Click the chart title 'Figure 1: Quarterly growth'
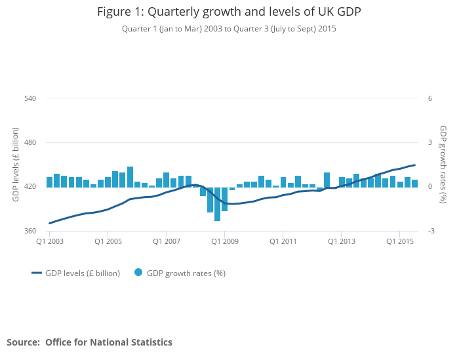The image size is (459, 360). (229, 12)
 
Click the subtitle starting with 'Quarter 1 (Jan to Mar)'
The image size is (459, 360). (229, 29)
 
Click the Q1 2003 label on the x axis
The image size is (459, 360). (50, 241)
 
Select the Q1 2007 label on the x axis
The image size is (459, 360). (167, 241)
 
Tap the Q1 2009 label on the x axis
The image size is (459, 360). (224, 241)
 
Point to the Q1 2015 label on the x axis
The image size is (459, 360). (399, 241)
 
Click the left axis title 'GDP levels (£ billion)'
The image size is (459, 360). (16, 165)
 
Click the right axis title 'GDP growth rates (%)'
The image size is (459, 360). (443, 165)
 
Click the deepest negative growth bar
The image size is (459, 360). (217, 204)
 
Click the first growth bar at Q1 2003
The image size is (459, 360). (49, 182)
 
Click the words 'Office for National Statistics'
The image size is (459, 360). (109, 342)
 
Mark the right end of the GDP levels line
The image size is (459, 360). (415, 165)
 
